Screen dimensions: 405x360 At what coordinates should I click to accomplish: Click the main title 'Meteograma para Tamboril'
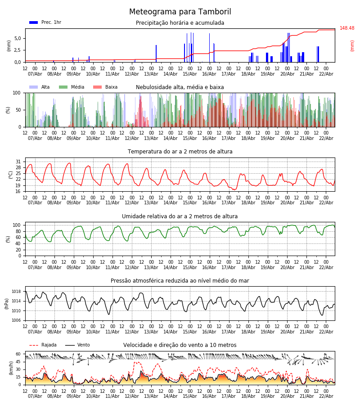pos(180,12)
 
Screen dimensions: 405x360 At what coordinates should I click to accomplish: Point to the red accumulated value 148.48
pos(346,28)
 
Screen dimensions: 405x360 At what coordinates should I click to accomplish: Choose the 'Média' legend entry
pos(77,87)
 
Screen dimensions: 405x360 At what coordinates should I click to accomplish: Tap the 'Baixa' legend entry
pos(111,87)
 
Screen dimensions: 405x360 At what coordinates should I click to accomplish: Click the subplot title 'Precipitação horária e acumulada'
pos(180,23)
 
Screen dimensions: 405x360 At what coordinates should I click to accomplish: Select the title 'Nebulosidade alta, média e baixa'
pos(180,87)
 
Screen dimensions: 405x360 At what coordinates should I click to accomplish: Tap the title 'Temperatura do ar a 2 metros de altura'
pos(180,152)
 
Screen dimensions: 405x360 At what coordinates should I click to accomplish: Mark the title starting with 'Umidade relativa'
pos(180,216)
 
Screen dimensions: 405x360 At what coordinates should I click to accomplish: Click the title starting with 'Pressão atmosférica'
pos(180,281)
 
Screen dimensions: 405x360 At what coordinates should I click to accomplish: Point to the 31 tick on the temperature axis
pos(18,162)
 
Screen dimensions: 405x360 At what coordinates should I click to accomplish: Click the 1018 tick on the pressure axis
pos(16,292)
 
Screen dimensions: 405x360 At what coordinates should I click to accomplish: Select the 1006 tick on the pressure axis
pos(16,320)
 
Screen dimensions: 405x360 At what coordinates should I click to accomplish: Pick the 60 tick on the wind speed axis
pos(18,354)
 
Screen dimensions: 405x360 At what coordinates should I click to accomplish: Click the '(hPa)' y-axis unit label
pos(7,303)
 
